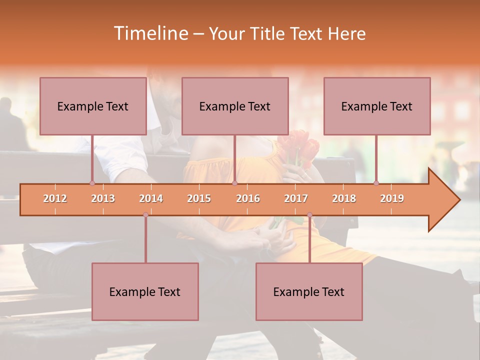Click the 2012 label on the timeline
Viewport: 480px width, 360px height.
click(x=55, y=198)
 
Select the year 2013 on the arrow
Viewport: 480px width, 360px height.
click(x=103, y=198)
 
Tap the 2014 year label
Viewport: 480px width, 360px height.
click(x=151, y=198)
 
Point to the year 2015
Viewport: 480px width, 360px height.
click(x=199, y=198)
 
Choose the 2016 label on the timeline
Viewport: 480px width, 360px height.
click(x=248, y=198)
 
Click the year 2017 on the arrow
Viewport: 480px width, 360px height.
click(x=296, y=198)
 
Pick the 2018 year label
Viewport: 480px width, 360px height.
click(x=344, y=198)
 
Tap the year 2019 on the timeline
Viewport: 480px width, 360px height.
click(x=392, y=198)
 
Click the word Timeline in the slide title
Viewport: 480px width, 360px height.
click(x=149, y=33)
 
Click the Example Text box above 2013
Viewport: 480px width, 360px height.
click(x=93, y=106)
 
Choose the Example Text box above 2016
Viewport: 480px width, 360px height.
click(x=235, y=106)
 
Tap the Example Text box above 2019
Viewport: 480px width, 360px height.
click(x=377, y=106)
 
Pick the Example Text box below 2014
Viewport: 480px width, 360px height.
click(x=145, y=291)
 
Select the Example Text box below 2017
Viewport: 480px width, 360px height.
click(x=309, y=291)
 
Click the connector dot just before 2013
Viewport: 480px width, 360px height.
click(x=92, y=183)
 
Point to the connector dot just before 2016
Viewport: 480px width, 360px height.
click(x=235, y=183)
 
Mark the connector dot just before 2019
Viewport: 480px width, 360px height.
click(x=376, y=183)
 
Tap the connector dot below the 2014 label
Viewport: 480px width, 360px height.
click(x=145, y=214)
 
